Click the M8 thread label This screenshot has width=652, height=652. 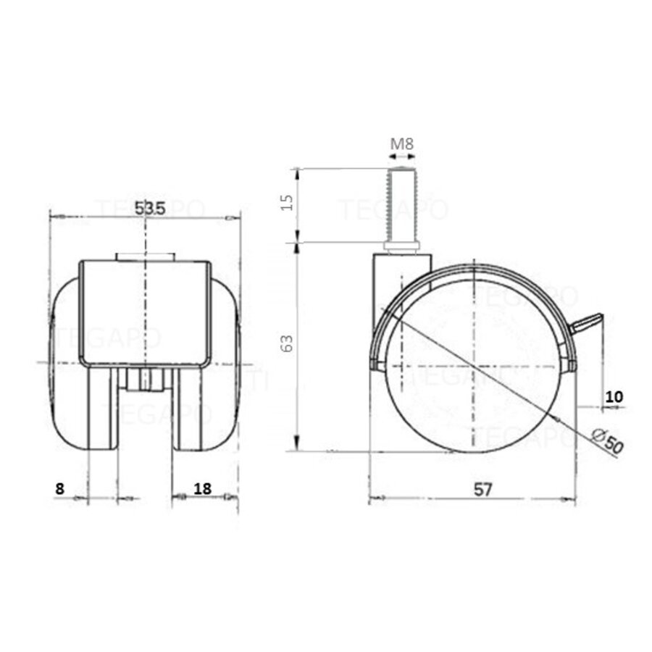(x=401, y=143)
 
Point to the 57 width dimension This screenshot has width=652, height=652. (x=483, y=489)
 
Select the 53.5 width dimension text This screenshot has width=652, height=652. (x=151, y=207)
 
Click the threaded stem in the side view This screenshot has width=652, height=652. (x=401, y=206)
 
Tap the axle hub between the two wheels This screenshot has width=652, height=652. (x=145, y=379)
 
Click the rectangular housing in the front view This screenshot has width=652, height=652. (x=145, y=312)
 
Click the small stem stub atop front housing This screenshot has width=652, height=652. (x=145, y=256)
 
